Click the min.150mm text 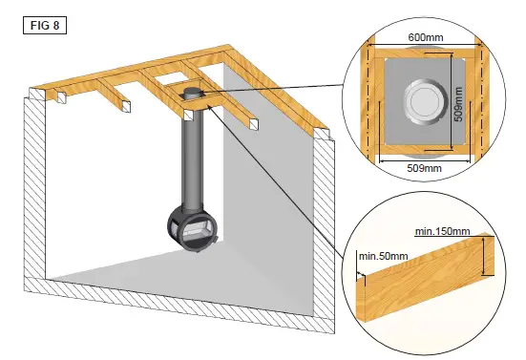point(442,230)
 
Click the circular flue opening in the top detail point(420,102)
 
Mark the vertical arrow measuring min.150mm point(487,256)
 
